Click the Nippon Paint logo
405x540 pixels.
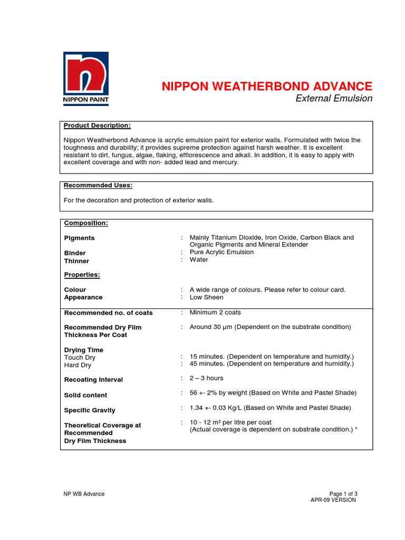[86, 79]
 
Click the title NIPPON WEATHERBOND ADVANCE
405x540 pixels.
[267, 86]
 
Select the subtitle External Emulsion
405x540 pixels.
[334, 99]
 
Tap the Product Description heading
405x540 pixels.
[97, 126]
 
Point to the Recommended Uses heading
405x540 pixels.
[98, 186]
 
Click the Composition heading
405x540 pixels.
[86, 223]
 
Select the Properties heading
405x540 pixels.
[82, 275]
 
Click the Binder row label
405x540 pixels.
[75, 253]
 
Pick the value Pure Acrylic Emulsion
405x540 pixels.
[221, 252]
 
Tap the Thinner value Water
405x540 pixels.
[199, 259]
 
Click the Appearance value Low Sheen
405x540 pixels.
[206, 297]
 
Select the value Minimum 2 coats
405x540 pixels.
[215, 312]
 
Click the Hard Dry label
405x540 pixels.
[78, 365]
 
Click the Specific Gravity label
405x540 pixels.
[90, 410]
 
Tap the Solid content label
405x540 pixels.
[85, 395]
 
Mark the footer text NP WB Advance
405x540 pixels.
[84, 494]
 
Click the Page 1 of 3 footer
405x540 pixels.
[343, 494]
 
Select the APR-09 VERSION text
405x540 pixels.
[333, 500]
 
